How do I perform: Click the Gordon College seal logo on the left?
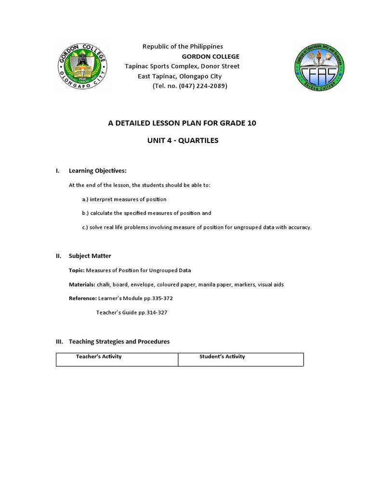tap(82, 66)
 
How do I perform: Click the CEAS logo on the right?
tap(319, 66)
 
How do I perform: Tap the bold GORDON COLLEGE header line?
tap(210, 56)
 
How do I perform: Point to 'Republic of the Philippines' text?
tap(183, 46)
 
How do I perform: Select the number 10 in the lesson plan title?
tap(251, 123)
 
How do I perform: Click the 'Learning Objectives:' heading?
tap(97, 170)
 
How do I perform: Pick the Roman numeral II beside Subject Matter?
tap(59, 256)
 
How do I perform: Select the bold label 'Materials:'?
tap(82, 285)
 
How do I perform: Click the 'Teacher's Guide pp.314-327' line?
tap(132, 312)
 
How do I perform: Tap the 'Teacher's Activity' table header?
tap(99, 357)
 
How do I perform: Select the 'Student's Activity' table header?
tap(222, 357)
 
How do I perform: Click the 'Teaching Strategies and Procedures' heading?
tap(119, 341)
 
